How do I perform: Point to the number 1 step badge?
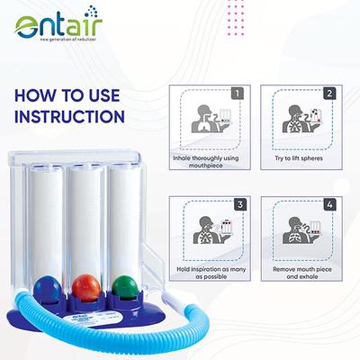tap(237, 92)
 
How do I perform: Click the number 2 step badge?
tap(329, 92)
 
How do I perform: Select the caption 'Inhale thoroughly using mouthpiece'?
tap(205, 162)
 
